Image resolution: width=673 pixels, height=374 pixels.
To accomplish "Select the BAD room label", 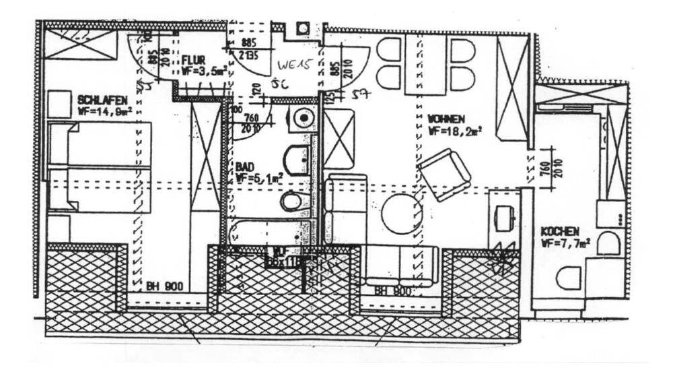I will click(244, 166).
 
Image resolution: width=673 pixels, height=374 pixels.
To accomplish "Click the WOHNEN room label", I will click(446, 119).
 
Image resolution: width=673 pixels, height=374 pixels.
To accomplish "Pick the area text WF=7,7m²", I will click(566, 243).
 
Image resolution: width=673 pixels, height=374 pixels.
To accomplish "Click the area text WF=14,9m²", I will click(104, 111).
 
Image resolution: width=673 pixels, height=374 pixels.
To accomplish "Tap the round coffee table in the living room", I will click(402, 214).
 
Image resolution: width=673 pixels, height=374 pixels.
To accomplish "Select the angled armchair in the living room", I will click(444, 175).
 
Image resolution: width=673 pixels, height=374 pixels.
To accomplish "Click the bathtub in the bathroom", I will click(269, 232).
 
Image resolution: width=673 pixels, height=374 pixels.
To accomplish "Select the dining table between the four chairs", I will click(425, 64).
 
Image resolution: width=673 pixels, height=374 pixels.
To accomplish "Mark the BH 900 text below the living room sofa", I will click(392, 291).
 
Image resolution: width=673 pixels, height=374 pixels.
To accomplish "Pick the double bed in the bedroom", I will click(99, 167).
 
